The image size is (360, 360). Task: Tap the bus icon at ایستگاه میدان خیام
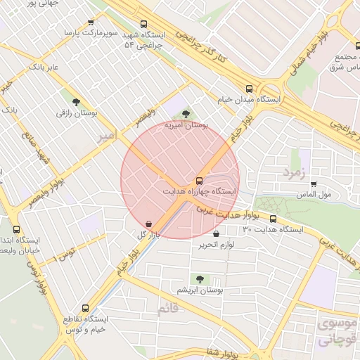click(x=249, y=89)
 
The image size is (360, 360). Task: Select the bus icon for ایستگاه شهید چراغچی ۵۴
click(x=144, y=23)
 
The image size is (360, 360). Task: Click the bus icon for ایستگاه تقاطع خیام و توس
click(x=86, y=308)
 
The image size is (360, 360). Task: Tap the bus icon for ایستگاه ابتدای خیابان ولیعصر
click(x=17, y=229)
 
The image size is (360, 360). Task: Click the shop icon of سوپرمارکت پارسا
click(x=91, y=22)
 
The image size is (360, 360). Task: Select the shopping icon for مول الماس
click(x=313, y=184)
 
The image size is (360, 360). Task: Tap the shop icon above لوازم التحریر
click(x=216, y=233)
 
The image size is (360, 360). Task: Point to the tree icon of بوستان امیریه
click(x=186, y=113)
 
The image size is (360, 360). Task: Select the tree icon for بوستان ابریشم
click(x=201, y=278)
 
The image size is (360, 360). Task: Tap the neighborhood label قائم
click(x=168, y=309)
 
